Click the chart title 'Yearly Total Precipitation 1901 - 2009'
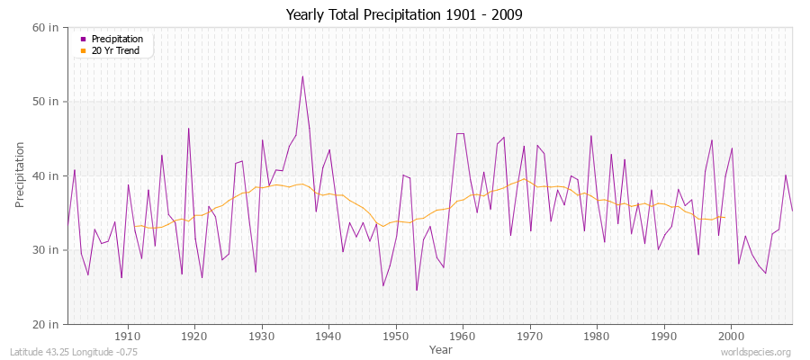pos(404,14)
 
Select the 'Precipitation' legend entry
pos(117,39)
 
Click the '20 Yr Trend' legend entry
pos(115,50)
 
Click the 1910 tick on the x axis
pos(128,336)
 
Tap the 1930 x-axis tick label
pos(262,336)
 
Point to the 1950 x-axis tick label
pos(395,336)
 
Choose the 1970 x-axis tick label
pos(529,336)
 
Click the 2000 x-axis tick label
pos(730,336)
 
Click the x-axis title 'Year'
pos(440,348)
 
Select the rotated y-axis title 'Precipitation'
pos(20,175)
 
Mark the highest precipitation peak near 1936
pos(302,76)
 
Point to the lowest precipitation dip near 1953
pos(416,290)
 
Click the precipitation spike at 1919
pos(188,128)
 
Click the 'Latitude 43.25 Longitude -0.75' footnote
pos(69,352)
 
